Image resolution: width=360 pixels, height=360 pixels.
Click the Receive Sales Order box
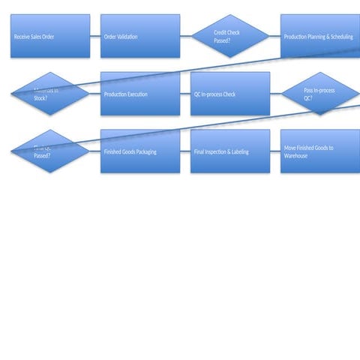(50, 36)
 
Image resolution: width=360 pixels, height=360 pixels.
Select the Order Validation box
(140, 36)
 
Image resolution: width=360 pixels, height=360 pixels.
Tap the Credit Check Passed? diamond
(230, 36)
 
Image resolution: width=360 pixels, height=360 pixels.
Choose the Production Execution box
(140, 94)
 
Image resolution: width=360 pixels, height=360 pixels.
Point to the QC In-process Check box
(230, 94)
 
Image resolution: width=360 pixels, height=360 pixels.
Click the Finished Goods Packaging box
(140, 151)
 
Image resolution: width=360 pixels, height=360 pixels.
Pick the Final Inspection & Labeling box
(230, 151)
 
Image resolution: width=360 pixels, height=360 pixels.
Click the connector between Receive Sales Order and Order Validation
(95, 36)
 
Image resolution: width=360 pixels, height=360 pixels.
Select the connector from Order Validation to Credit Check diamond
(186, 36)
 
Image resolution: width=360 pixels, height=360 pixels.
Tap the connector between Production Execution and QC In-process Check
(185, 94)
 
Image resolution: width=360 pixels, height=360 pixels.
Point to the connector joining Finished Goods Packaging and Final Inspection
(185, 151)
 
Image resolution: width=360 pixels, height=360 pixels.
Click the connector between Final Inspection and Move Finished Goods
(275, 151)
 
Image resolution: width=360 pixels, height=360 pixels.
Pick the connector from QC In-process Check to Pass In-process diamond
(275, 94)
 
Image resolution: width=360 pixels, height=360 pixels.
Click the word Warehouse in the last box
(296, 156)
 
